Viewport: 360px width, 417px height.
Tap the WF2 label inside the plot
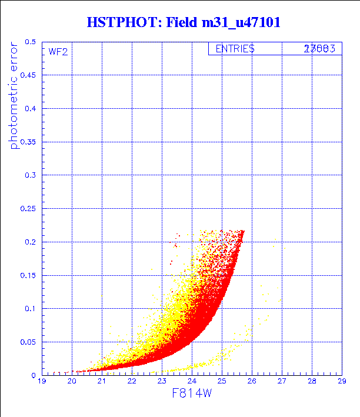pyautogui.click(x=58, y=51)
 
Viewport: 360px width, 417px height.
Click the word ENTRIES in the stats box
pyautogui.click(x=235, y=49)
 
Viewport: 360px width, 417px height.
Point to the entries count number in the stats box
pyautogui.click(x=319, y=49)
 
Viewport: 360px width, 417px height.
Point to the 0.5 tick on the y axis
pyautogui.click(x=29, y=42)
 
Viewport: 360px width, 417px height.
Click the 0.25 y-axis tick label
pyautogui.click(x=27, y=209)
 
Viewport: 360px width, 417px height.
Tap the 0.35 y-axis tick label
pyautogui.click(x=27, y=142)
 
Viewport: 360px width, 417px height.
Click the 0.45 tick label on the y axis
pyautogui.click(x=27, y=76)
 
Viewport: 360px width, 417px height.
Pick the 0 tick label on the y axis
pyautogui.click(x=34, y=375)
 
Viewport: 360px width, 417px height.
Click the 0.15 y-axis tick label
pyautogui.click(x=27, y=275)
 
